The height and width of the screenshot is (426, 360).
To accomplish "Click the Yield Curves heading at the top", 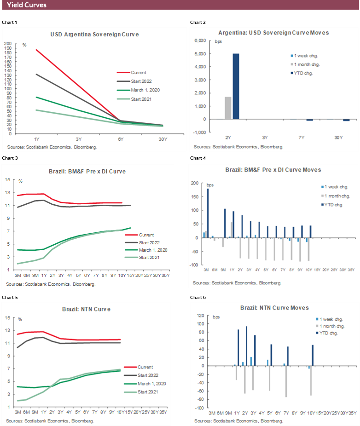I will pos(27,5).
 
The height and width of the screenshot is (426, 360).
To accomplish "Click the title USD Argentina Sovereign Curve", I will pos(94,35).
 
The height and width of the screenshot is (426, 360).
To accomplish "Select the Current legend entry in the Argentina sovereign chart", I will pos(139,72).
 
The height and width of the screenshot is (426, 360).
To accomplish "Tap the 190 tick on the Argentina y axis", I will pos(8,49).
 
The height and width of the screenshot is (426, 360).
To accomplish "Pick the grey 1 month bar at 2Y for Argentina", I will pos(228,108).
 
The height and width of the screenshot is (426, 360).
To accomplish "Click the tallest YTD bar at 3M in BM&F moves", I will pos(208,213).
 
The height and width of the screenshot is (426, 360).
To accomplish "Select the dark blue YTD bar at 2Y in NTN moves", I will pos(247,346).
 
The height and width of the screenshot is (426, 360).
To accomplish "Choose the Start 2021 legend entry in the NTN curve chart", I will pos(149,392).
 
